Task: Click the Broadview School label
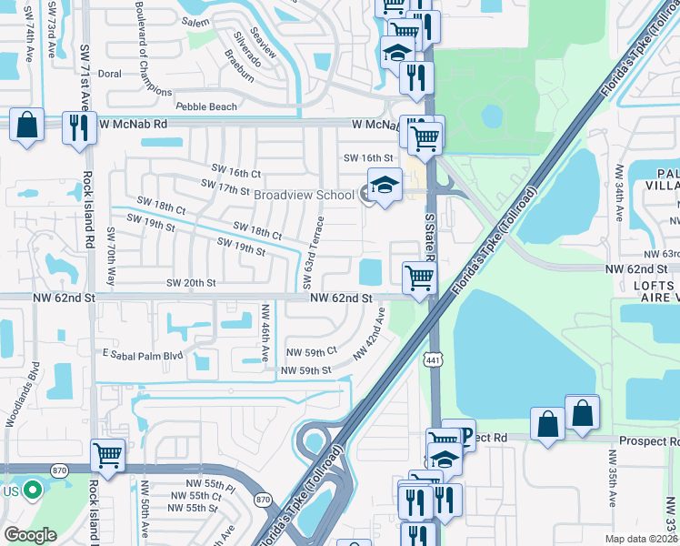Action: (x=304, y=196)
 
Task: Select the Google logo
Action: (x=30, y=534)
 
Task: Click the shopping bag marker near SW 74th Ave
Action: (x=27, y=125)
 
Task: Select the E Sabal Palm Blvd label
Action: (x=144, y=355)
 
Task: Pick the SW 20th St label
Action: (x=191, y=283)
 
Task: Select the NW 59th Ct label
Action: (x=311, y=351)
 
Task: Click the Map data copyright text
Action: (x=640, y=539)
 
